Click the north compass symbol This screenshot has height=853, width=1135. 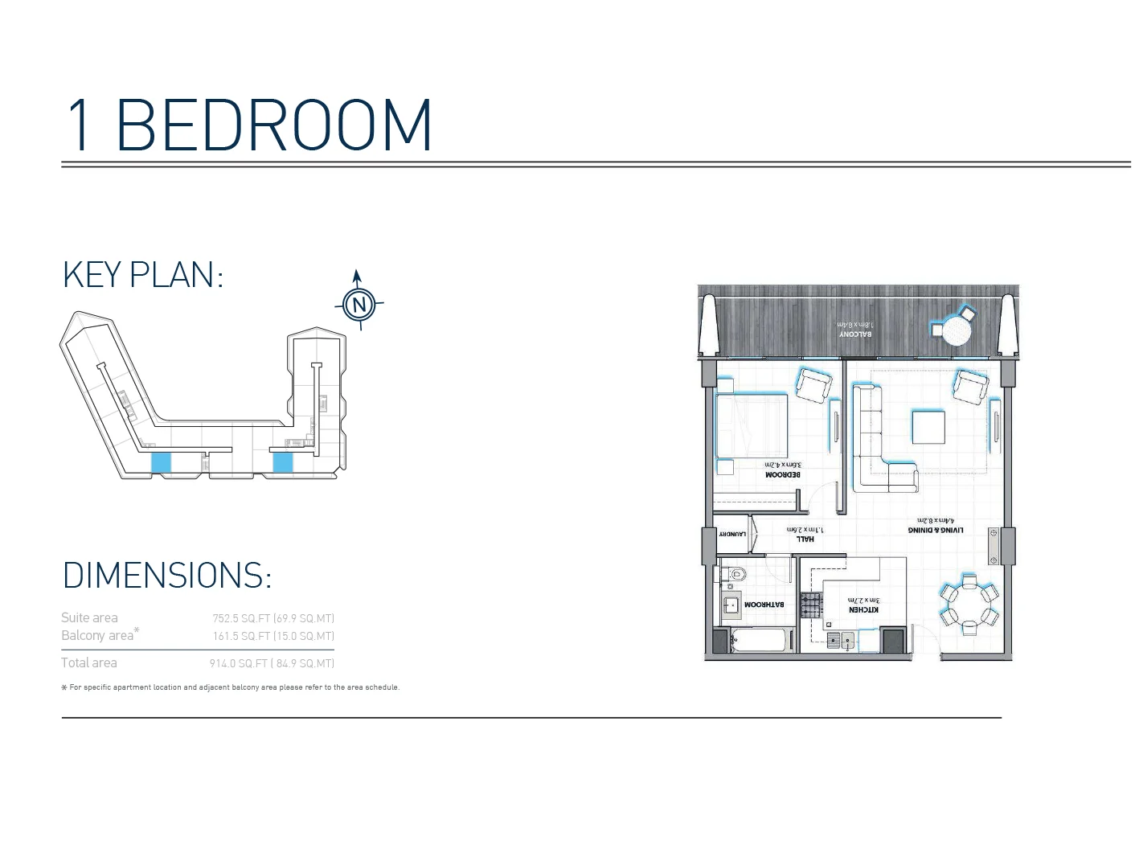click(x=359, y=304)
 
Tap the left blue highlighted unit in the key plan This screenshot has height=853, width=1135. click(x=162, y=461)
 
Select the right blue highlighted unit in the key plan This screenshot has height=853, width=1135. click(x=282, y=461)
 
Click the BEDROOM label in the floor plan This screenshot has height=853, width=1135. click(x=782, y=474)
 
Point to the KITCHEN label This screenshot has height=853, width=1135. click(x=864, y=609)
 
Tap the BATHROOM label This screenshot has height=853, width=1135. click(x=764, y=604)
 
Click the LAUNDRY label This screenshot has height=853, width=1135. click(x=732, y=534)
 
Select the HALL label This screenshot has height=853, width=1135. click(x=805, y=539)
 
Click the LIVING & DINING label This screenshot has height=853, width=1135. click(x=936, y=530)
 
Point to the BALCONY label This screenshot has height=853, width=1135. click(x=855, y=334)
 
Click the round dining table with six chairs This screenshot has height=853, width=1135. click(x=969, y=605)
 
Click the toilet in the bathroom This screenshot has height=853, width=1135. click(x=734, y=574)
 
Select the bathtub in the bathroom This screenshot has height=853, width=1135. click(x=762, y=641)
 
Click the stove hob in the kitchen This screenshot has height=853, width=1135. click(x=812, y=604)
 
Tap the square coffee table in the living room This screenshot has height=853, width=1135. click(x=928, y=426)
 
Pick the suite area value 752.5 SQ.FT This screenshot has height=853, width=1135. click(x=273, y=618)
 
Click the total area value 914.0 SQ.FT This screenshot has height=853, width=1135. click(x=272, y=663)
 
